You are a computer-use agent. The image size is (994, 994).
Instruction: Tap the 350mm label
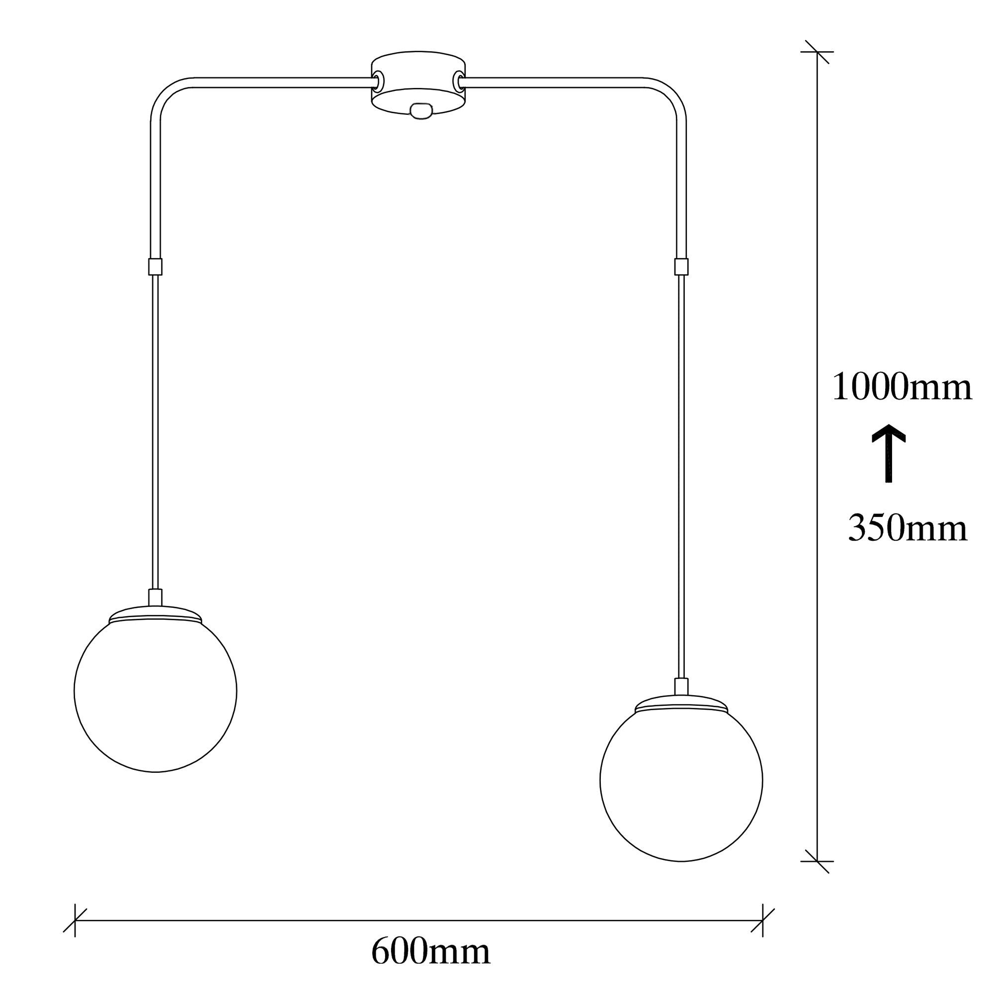[x=908, y=528]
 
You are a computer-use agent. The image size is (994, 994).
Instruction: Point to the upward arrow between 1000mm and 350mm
[x=888, y=453]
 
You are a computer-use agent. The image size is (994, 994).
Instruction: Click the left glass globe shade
[x=156, y=691]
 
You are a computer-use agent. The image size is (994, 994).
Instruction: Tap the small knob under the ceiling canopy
[x=420, y=111]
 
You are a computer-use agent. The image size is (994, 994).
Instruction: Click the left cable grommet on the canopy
[x=379, y=80]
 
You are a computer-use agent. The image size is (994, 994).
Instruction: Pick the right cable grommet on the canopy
[x=457, y=80]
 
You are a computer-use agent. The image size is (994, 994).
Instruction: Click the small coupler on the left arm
[x=156, y=266]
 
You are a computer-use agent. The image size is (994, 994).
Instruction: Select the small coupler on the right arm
[x=681, y=266]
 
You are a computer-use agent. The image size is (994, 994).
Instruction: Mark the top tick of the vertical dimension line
[x=817, y=52]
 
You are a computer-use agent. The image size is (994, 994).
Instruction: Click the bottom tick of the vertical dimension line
[x=817, y=861]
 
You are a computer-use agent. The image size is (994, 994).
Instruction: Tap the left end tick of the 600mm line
[x=75, y=920]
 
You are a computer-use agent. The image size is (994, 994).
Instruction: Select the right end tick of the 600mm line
[x=762, y=920]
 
